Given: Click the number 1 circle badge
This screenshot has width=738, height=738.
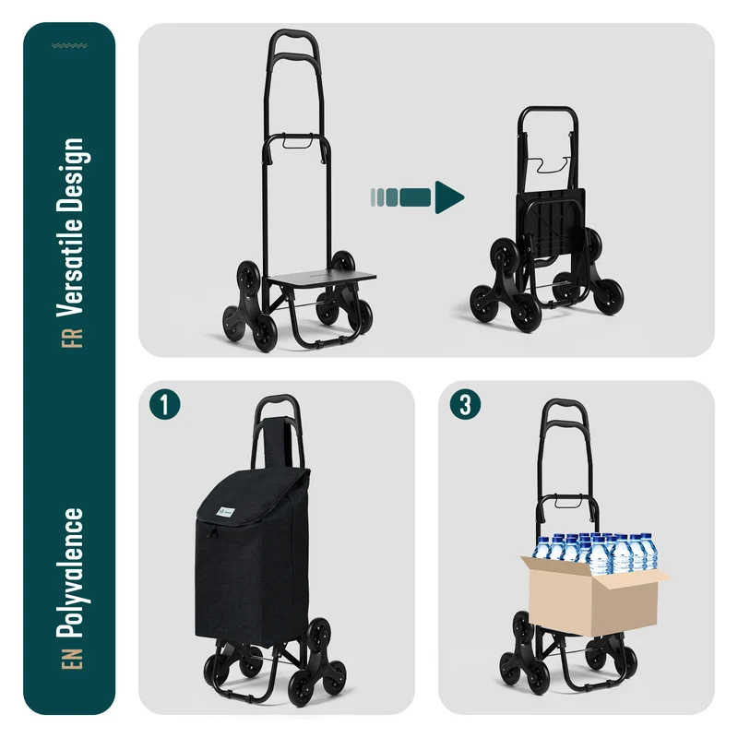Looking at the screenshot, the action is [x=165, y=404].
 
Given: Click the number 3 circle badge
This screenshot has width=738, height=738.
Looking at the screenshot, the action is [x=465, y=404].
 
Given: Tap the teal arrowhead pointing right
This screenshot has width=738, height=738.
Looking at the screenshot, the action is [x=449, y=197].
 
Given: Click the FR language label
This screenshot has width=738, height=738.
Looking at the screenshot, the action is [x=72, y=339].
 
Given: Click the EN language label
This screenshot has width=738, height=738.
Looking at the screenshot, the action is [x=72, y=659].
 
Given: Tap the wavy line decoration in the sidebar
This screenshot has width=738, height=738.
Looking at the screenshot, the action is [x=69, y=45].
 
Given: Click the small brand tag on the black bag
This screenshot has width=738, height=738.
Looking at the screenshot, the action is [x=225, y=512].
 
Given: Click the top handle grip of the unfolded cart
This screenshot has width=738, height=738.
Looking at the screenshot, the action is [x=293, y=35].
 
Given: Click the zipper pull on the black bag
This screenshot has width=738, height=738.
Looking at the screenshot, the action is [x=211, y=532].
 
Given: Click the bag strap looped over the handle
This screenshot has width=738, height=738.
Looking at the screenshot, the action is [x=276, y=442].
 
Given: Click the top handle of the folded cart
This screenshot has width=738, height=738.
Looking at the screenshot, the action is [x=548, y=110].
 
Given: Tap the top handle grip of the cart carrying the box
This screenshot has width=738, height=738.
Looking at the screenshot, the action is [x=565, y=404].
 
